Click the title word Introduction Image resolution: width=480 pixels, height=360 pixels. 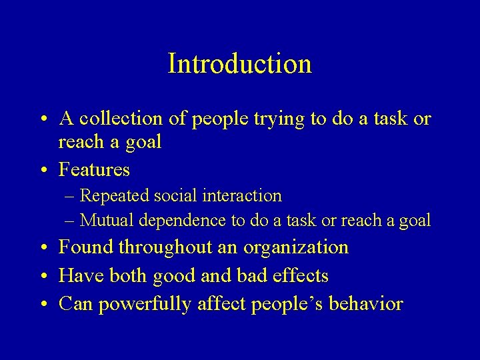pyautogui.click(x=239, y=64)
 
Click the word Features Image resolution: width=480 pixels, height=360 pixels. pyautogui.click(x=94, y=170)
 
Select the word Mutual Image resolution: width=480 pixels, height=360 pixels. pyautogui.click(x=106, y=220)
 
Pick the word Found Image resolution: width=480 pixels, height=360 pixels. pyautogui.click(x=86, y=247)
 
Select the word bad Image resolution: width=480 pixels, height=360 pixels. pyautogui.click(x=253, y=275)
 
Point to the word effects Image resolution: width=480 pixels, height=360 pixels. pyautogui.click(x=302, y=275)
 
